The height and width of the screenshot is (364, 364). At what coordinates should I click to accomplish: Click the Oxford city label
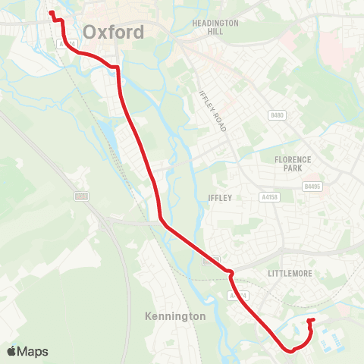click(114, 33)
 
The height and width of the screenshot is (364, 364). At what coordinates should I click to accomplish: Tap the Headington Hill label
click(215, 27)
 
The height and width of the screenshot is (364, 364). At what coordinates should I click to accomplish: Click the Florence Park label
click(293, 164)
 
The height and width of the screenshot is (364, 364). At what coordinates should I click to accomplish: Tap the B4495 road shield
click(311, 186)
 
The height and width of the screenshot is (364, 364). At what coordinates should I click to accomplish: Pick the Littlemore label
click(290, 273)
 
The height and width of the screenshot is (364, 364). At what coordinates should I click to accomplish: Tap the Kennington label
click(174, 315)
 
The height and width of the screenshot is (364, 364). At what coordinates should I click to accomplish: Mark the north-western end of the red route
click(52, 13)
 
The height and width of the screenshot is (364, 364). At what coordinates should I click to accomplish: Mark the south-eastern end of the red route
click(310, 321)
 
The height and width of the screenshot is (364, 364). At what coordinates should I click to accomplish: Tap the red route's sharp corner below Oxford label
click(117, 68)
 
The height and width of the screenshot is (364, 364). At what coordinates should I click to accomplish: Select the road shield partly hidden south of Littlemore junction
click(237, 294)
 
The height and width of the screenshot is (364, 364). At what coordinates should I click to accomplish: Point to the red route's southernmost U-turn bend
click(291, 350)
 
